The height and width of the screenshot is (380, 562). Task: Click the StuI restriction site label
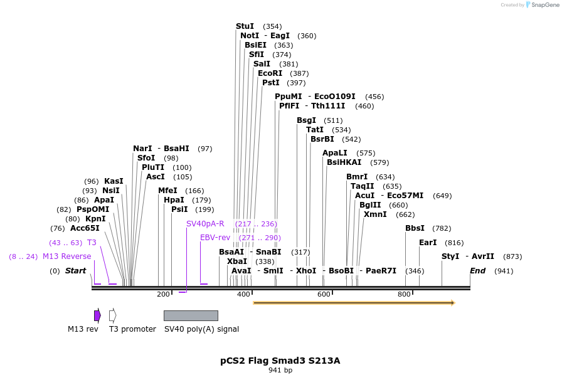tap(245, 26)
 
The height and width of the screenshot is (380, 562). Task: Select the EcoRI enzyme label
tap(270, 73)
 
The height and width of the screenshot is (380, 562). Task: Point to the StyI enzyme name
tap(450, 256)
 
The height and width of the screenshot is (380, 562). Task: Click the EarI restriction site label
tap(428, 243)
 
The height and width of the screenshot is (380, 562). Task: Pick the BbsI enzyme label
tap(415, 228)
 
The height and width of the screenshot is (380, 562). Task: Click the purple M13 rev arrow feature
tap(97, 315)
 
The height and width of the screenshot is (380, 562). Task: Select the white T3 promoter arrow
tap(112, 315)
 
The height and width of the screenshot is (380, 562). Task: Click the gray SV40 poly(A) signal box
tap(191, 315)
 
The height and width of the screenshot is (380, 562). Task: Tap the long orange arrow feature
tap(354, 303)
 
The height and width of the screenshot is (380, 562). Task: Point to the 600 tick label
tap(324, 294)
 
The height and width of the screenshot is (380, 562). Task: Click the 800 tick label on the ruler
tap(404, 294)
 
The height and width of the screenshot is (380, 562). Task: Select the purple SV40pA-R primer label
tap(205, 224)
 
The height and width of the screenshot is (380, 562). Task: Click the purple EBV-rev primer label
tap(215, 238)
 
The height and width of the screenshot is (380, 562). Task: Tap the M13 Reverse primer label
tap(66, 256)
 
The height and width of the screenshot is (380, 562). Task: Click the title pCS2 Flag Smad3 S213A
tap(280, 361)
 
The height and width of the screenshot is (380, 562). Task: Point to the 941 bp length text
tap(280, 371)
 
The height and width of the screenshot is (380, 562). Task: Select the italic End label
tap(477, 271)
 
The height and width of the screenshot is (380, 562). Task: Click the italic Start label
tap(75, 271)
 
